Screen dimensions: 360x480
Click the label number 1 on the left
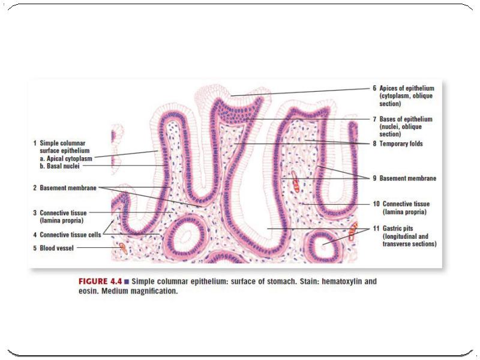[34, 143]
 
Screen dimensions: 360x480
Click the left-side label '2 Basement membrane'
[64, 188]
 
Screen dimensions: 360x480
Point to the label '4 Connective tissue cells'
[67, 235]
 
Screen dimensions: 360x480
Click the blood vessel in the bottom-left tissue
[122, 247]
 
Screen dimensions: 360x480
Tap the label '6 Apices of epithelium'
[405, 88]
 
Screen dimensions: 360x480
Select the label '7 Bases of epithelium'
[405, 119]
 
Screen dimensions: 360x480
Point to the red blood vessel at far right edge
[353, 230]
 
